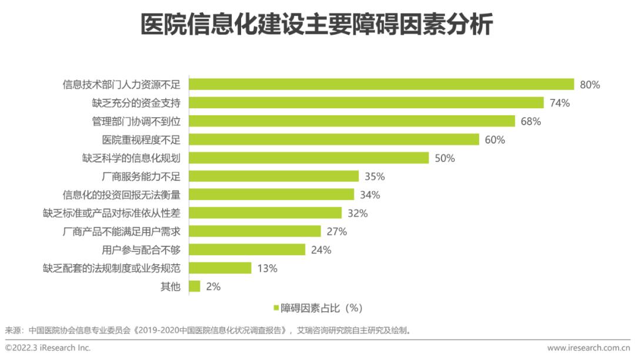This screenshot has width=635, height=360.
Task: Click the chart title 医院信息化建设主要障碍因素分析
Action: pos(317,25)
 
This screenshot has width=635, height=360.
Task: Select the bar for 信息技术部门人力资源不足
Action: pos(381,84)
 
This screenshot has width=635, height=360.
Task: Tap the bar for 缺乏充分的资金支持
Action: pos(366,103)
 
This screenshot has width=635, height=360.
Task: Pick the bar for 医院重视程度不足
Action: pos(334,139)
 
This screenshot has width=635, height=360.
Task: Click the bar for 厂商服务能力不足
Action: pos(273,176)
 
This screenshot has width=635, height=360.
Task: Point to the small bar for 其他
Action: pos(195,286)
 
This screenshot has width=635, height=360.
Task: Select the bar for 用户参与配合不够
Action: pos(247,249)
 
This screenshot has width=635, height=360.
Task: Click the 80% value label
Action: pos(590,85)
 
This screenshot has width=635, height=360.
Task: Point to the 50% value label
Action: pos(444,158)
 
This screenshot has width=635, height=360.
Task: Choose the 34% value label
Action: pos(370,195)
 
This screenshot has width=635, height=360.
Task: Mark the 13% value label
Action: pos(267,268)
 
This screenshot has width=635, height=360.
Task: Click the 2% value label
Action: pos(213,286)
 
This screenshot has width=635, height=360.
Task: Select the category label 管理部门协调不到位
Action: pos(136,121)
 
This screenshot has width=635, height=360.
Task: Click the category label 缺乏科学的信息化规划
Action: pos(131,158)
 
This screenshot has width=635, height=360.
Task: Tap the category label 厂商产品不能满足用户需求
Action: pos(121,231)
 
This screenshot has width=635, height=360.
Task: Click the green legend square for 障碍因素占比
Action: pos(275,308)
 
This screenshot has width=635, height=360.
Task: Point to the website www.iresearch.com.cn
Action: pos(588,348)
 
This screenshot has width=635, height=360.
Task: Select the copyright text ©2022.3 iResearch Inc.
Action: pos(48,348)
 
